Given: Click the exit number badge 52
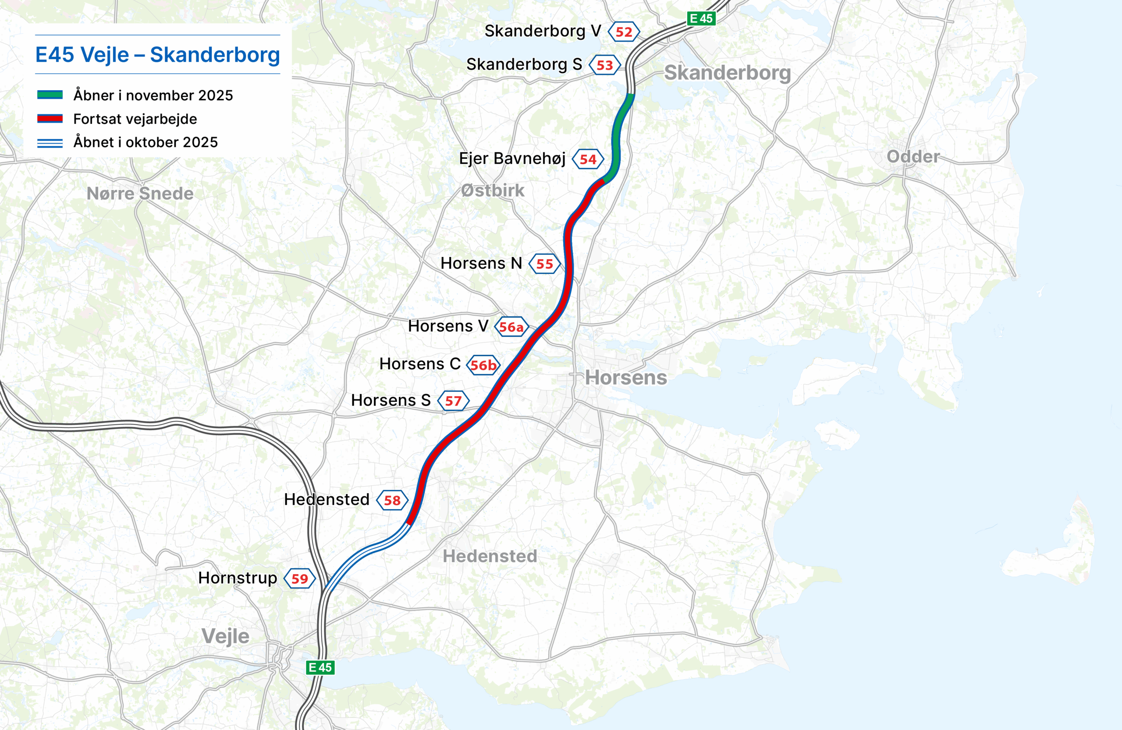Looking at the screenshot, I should pos(624,32).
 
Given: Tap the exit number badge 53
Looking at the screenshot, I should pos(605,65).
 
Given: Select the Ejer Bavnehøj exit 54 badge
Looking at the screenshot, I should pos(588,159).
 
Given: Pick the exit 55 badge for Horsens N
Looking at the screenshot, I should pos(544,264).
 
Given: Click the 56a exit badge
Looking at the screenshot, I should pos(511,327).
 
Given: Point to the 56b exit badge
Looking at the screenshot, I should pos(483,365).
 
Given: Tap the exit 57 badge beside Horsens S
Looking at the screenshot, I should pos(453,401).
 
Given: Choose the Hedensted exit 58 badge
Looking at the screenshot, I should pos(392,500).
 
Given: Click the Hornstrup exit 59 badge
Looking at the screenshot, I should pos(299,579).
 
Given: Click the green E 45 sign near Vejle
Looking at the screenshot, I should pos(320,667).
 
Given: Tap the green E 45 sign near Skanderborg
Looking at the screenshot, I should pos(701,18).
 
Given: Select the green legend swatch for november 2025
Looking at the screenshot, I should pos(50,95).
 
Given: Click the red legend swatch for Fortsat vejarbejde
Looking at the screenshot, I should pos(50,119).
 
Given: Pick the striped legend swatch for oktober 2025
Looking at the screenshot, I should pos(50,143).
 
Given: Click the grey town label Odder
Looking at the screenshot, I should pos(913,156).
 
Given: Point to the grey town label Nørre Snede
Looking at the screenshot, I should pos(140,194).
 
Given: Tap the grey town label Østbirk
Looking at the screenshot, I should pos(492,190).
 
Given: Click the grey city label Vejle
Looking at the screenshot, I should pos(225,636).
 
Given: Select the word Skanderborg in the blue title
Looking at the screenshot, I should pos(215,55).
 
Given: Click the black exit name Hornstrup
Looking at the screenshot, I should pos(238,578).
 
